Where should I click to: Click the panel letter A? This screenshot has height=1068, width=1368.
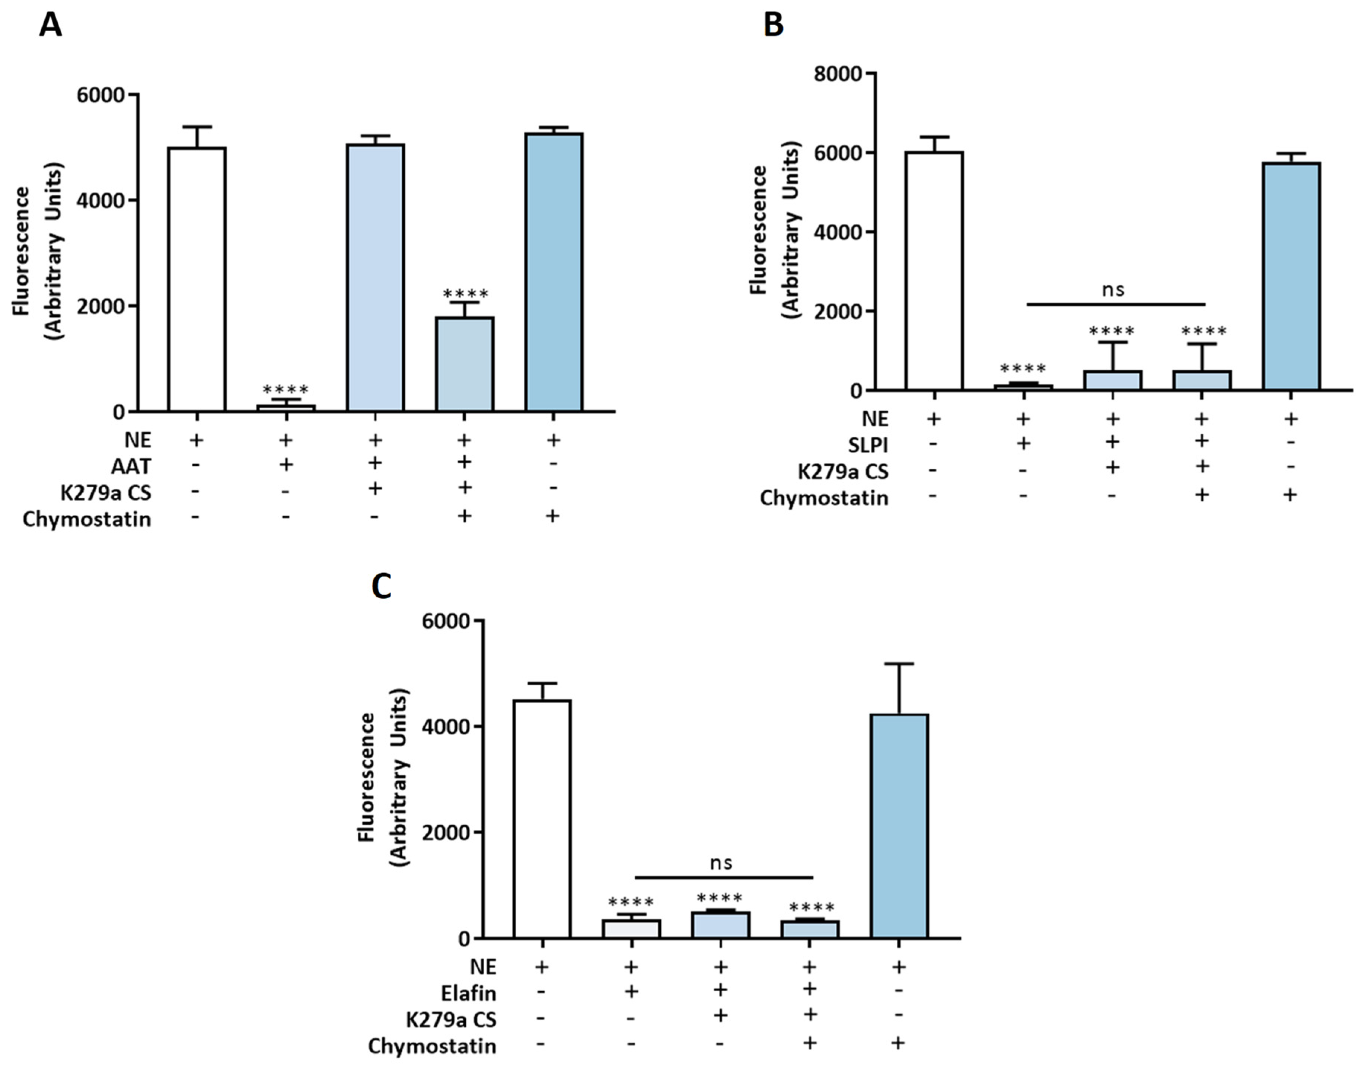50,26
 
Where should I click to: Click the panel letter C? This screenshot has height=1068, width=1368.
382,587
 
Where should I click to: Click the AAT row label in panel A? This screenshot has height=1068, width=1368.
131,467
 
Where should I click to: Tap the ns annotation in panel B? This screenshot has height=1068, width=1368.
1113,289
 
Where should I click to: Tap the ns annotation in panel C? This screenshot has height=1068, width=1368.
721,863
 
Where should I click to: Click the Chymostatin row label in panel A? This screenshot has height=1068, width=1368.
87,519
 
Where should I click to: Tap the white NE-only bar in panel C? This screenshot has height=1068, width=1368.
542,819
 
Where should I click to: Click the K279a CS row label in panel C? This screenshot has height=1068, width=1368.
451,1020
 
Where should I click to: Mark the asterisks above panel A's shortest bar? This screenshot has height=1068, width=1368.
286,390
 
